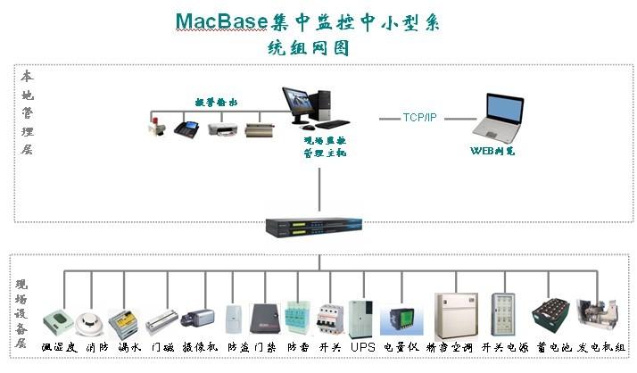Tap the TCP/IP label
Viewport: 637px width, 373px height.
pyautogui.click(x=419, y=117)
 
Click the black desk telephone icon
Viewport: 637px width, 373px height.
pyautogui.click(x=189, y=128)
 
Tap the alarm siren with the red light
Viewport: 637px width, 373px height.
pyautogui.click(x=159, y=128)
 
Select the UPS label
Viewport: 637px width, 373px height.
pyautogui.click(x=362, y=346)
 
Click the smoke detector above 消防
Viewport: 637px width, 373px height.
pyautogui.click(x=90, y=320)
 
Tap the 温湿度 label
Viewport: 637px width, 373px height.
pyautogui.click(x=60, y=346)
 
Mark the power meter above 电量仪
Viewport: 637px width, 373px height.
pyautogui.click(x=397, y=319)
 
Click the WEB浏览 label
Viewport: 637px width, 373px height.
pyautogui.click(x=492, y=151)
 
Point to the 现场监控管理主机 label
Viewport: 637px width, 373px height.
pyautogui.click(x=325, y=147)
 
